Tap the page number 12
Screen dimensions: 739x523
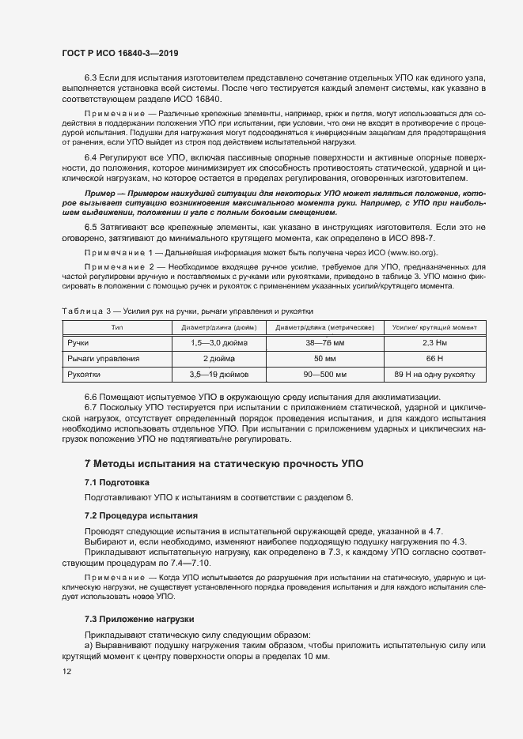point(66,672)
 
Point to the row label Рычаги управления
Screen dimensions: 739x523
point(104,359)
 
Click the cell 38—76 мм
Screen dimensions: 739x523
point(324,344)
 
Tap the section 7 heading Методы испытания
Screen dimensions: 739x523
point(224,463)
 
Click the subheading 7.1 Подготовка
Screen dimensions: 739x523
point(116,482)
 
